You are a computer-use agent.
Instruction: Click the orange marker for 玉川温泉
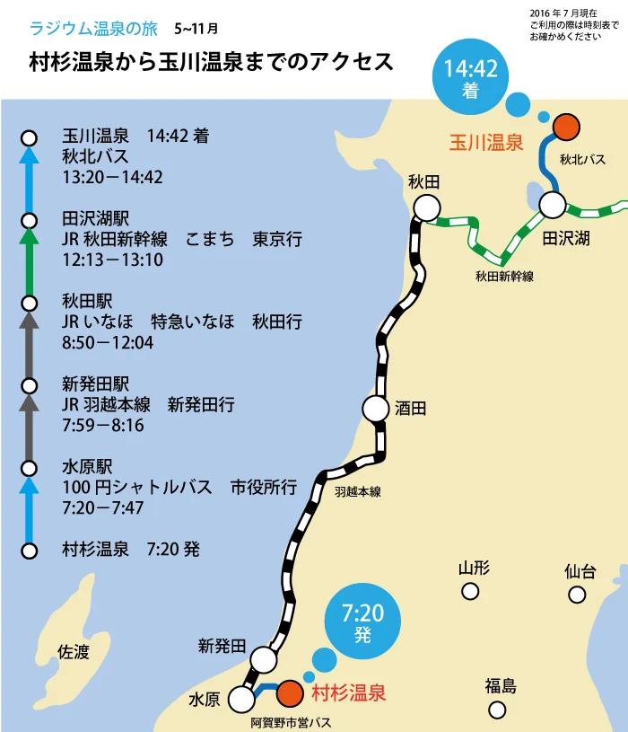(x=565, y=128)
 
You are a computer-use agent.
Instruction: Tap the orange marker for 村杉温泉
(x=289, y=693)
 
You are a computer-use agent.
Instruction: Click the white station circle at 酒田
(x=376, y=409)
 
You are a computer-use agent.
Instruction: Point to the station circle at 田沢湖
(x=553, y=206)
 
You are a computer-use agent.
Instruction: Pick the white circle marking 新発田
(x=264, y=659)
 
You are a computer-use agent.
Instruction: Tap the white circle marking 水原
(x=241, y=699)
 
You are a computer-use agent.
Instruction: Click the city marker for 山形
(x=470, y=591)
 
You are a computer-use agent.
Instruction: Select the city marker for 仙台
(x=577, y=595)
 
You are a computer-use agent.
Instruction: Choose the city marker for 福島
(x=497, y=710)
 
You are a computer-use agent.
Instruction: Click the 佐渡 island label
(x=74, y=653)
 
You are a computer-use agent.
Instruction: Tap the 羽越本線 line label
(x=358, y=491)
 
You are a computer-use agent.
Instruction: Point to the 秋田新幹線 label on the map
(x=504, y=277)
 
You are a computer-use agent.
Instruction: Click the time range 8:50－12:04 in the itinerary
(x=108, y=342)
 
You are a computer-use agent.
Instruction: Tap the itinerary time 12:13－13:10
(x=113, y=260)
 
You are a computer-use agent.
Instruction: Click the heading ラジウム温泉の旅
(x=93, y=28)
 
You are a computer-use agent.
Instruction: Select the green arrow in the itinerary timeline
(x=29, y=260)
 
